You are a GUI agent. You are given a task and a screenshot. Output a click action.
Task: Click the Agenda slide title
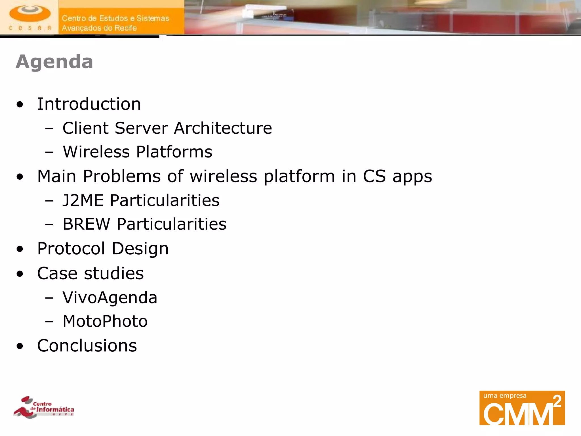click(x=54, y=62)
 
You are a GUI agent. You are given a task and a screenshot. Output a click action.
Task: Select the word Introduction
click(x=89, y=104)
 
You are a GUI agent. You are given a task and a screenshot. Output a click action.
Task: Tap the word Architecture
click(x=223, y=128)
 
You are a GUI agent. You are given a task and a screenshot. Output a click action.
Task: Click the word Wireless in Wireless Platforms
click(x=96, y=152)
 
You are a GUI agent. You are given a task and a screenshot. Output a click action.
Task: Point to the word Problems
click(x=122, y=176)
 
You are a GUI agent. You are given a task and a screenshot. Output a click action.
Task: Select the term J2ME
click(x=83, y=200)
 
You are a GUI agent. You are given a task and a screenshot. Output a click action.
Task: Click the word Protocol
click(x=71, y=249)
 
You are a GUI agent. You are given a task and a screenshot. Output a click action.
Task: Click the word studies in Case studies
click(x=114, y=273)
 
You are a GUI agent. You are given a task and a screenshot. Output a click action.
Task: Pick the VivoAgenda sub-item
click(x=110, y=298)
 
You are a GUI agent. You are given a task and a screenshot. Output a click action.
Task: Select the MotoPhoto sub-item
click(x=105, y=321)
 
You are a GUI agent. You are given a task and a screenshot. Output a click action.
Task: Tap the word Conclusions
click(x=87, y=346)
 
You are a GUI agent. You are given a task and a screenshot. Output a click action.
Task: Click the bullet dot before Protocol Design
click(x=20, y=249)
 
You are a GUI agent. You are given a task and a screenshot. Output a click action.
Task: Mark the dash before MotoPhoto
click(x=49, y=322)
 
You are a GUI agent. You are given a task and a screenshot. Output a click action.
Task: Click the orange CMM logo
click(x=522, y=408)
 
